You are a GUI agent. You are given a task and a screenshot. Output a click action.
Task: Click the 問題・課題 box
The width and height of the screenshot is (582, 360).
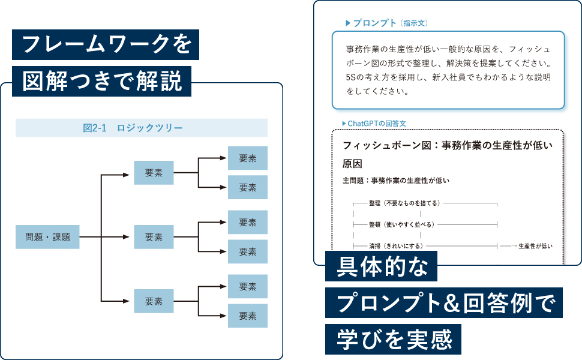(47, 237)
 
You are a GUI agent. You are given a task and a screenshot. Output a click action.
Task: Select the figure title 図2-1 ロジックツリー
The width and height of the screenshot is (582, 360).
(141, 128)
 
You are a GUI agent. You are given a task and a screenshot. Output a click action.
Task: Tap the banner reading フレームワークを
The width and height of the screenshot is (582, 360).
(106, 45)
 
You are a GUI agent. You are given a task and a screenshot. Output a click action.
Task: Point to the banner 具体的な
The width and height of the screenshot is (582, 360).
(381, 266)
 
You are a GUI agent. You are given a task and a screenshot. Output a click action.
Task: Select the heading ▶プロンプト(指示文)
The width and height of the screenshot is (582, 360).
(386, 23)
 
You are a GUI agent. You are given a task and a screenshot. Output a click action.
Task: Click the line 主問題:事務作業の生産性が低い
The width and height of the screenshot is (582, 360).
(396, 180)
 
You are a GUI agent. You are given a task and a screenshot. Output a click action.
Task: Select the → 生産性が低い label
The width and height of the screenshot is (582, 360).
(530, 246)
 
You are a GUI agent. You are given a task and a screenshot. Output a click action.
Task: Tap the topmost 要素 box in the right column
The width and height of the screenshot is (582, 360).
(247, 158)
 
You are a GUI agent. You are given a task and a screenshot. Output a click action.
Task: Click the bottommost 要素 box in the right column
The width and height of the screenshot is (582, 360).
(247, 315)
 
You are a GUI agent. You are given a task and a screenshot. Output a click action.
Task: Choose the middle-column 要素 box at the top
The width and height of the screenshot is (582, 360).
(154, 173)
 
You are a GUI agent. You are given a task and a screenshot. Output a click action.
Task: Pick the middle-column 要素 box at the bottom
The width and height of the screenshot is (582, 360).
(154, 301)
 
